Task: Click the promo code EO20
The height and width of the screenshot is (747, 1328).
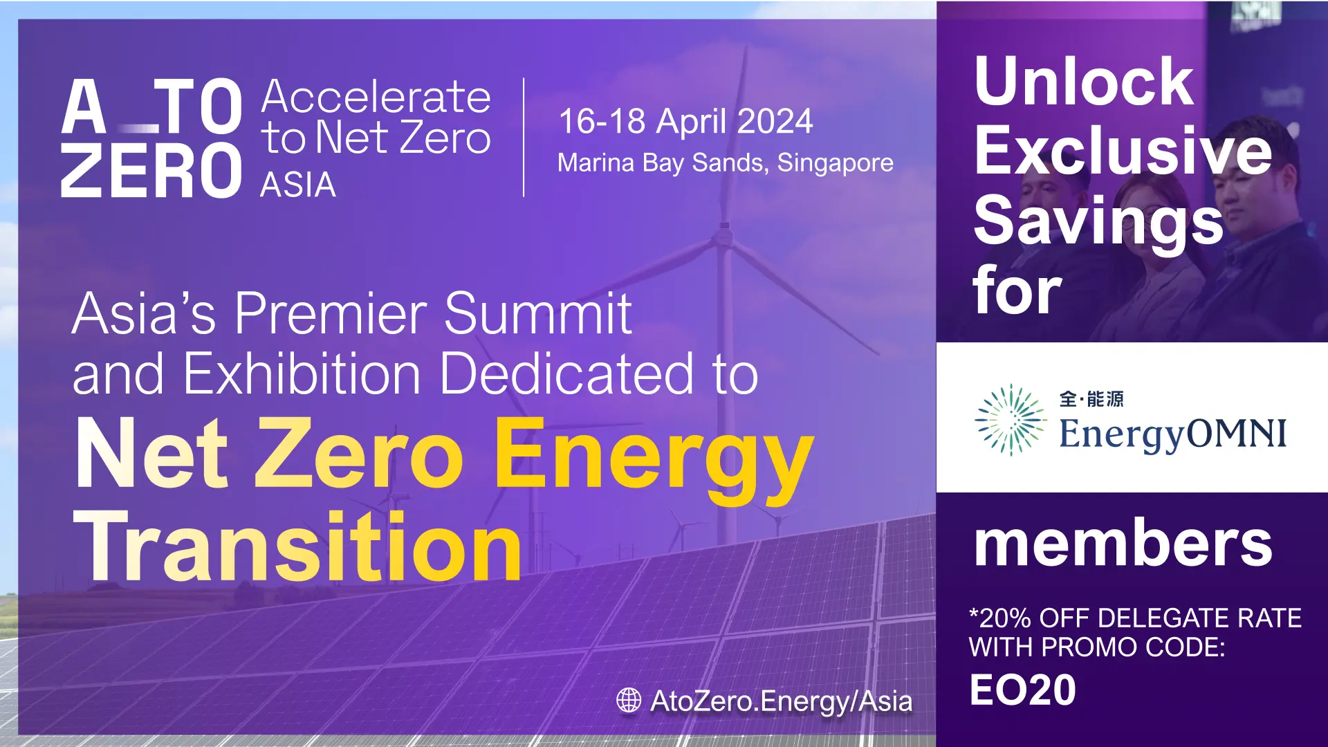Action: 1022,690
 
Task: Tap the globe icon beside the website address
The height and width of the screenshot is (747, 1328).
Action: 629,700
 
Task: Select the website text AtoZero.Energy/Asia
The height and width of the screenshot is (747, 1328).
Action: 782,701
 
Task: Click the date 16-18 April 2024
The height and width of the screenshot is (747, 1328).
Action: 685,121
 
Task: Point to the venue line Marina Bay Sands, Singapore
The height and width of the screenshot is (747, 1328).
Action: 726,163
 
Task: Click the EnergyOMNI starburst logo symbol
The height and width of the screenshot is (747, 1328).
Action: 1011,420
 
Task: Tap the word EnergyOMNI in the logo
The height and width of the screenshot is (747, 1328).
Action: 1173,434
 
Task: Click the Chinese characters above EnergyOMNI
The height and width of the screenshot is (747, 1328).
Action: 1091,399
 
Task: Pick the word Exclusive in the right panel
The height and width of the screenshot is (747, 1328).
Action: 1123,151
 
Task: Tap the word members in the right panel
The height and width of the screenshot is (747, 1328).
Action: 1123,544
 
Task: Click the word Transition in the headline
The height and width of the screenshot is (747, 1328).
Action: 298,546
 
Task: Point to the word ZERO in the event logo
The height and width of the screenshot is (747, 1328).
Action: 151,171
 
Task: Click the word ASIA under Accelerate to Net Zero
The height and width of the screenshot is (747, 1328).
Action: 298,185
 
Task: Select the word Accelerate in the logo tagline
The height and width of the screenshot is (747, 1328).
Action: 376,97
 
